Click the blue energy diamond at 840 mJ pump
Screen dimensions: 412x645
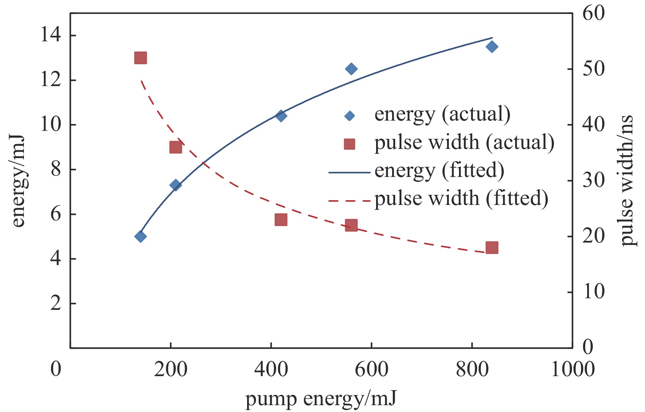pos(492,46)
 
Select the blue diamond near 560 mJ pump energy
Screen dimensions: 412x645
pos(351,69)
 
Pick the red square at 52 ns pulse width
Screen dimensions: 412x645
pos(141,58)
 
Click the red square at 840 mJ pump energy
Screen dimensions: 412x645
pos(492,248)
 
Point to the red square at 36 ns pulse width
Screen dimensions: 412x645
pos(176,148)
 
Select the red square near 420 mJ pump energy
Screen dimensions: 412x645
pos(281,220)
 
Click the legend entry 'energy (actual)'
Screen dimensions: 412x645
pos(442,114)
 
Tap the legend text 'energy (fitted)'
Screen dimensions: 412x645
pos(439,170)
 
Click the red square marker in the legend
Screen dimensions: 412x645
pos(349,144)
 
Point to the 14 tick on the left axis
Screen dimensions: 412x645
pos(51,35)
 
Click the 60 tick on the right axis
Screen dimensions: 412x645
pos(593,14)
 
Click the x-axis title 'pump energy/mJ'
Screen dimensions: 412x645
pos(321,399)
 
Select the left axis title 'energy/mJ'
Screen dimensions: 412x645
pos(18,181)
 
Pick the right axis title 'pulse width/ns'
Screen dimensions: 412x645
pos(627,181)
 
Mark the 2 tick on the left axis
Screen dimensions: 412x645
pos(56,303)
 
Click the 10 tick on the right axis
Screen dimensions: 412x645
pos(593,292)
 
